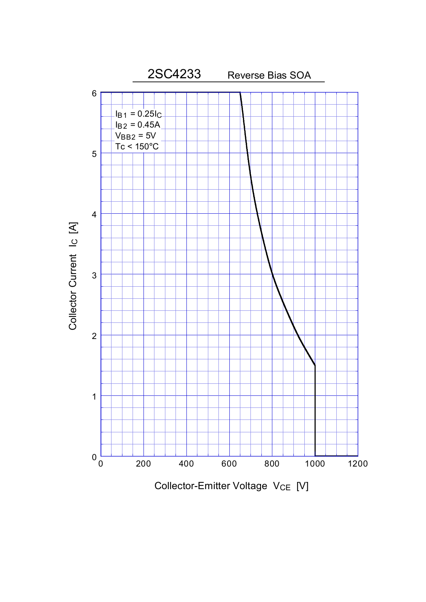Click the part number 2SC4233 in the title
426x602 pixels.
(x=174, y=74)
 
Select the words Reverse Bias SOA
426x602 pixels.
(x=269, y=76)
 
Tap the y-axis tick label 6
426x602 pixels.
(x=94, y=93)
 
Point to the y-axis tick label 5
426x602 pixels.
(x=94, y=154)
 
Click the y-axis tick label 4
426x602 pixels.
(x=94, y=214)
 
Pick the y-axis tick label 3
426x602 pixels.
(x=94, y=275)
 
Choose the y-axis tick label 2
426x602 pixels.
(x=94, y=336)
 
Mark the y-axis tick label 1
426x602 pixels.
(x=94, y=397)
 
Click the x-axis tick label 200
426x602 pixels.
(x=144, y=464)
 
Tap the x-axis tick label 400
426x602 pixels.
(x=186, y=464)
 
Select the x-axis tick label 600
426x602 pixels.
(x=229, y=464)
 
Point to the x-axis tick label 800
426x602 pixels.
(x=272, y=464)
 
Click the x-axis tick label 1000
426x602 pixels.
(x=315, y=464)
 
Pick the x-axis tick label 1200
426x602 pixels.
(x=357, y=464)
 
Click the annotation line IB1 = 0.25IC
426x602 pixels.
(x=138, y=114)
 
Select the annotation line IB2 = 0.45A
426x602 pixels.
(x=137, y=125)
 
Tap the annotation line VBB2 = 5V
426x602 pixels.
(x=135, y=136)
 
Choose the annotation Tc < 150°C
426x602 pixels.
(x=137, y=147)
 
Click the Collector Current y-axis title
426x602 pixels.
(x=73, y=276)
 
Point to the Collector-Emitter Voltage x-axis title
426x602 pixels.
(x=231, y=486)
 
